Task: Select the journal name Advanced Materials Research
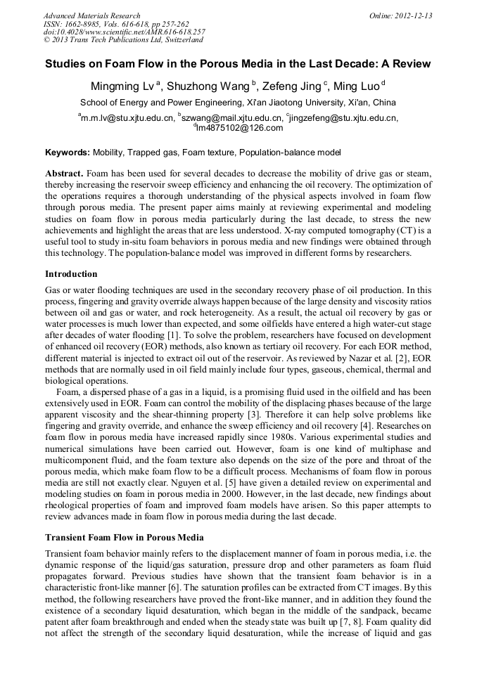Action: pos(91,15)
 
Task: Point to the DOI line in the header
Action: pos(124,32)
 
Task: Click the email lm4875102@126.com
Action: pos(240,128)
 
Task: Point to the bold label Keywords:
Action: pos(68,153)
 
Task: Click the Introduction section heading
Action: pos(71,273)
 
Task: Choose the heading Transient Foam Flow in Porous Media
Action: pos(124,538)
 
